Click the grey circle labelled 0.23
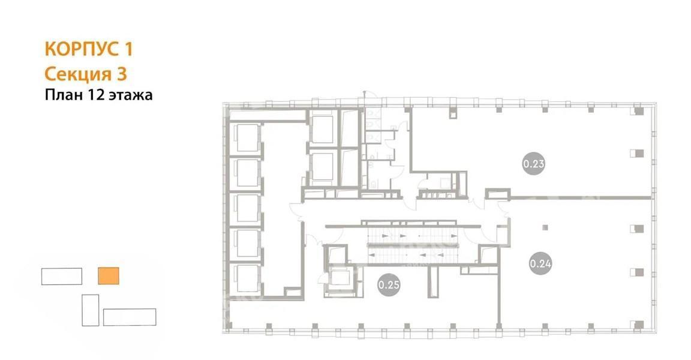[533, 163]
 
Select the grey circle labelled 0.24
[540, 263]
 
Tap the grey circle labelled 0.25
[389, 284]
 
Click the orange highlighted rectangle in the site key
[109, 276]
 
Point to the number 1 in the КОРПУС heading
[128, 49]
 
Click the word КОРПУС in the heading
[82, 49]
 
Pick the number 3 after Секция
[122, 74]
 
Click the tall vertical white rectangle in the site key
[91, 310]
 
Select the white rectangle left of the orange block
[62, 276]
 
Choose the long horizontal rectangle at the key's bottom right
[130, 317]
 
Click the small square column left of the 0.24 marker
[545, 227]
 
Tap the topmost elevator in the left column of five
[247, 137]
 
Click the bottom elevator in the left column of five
[247, 278]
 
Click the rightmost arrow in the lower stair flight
[441, 254]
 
